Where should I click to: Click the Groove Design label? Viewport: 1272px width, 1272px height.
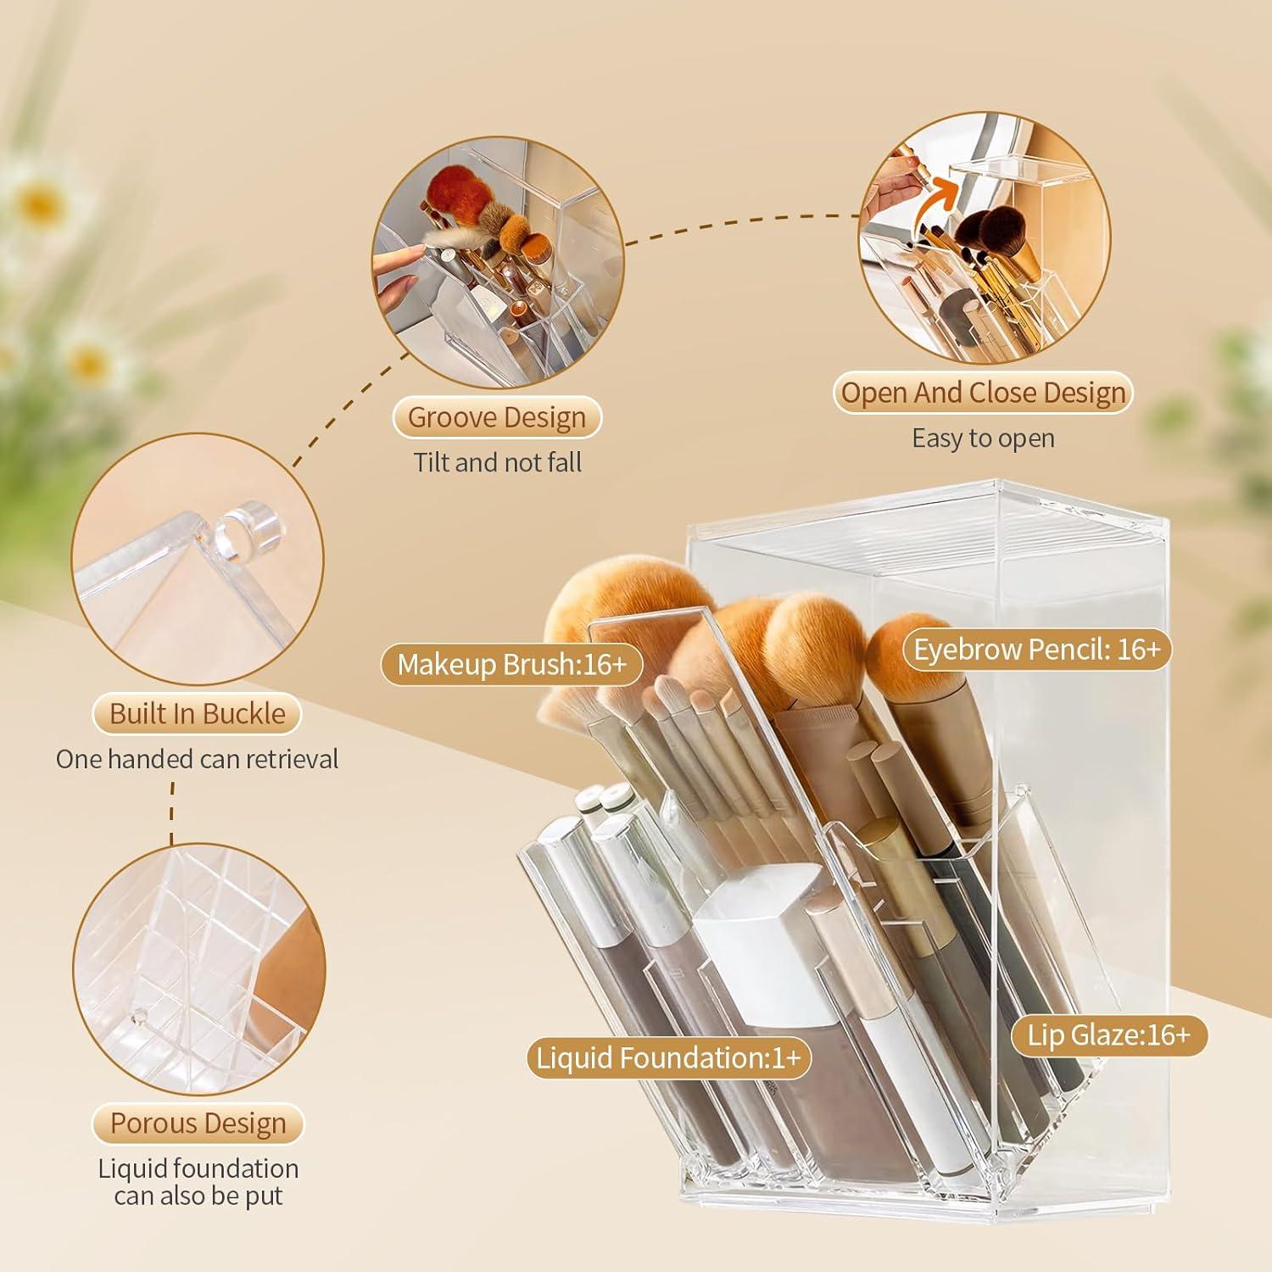tap(497, 418)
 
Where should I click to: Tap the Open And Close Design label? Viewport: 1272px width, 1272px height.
tap(983, 393)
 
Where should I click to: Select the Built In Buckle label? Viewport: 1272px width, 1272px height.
tap(197, 714)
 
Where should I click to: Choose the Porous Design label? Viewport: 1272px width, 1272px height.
tap(198, 1124)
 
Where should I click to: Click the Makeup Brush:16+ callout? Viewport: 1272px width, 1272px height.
tap(511, 665)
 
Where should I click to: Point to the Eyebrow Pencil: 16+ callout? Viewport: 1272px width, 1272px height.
tap(1036, 650)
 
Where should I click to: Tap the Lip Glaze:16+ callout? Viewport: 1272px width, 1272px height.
tap(1108, 1035)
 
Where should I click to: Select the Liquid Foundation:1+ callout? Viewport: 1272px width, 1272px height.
tap(668, 1058)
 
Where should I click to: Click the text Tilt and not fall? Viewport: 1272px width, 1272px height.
tap(497, 463)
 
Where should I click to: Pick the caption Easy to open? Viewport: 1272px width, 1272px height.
tap(983, 438)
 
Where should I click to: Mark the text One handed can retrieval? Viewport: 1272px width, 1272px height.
tap(197, 759)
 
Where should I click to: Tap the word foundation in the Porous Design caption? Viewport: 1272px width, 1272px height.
tap(237, 1169)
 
